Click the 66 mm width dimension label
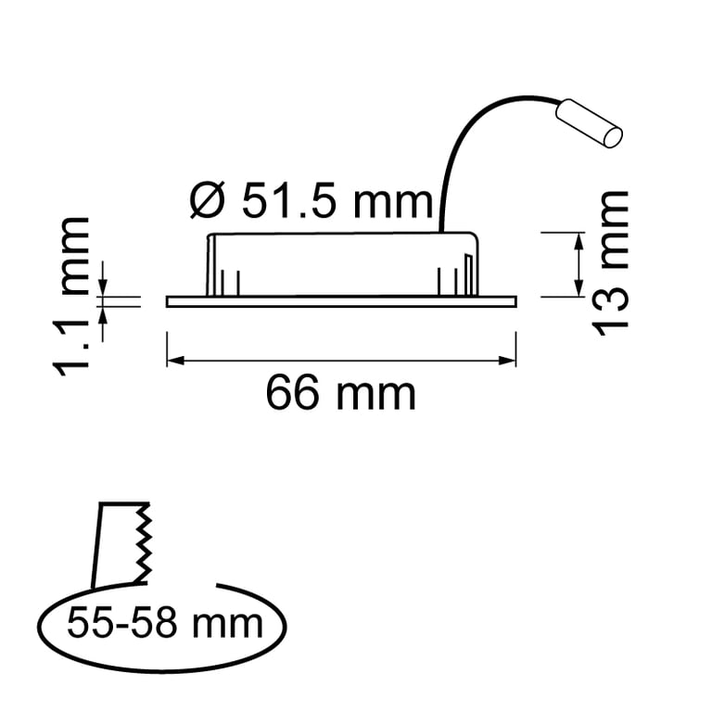click(x=340, y=394)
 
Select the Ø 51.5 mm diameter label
click(x=311, y=200)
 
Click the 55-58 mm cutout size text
click(x=164, y=623)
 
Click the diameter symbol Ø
click(x=206, y=201)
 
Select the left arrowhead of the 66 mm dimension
click(x=172, y=360)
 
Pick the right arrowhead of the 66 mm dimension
click(x=510, y=360)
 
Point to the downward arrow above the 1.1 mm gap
click(x=103, y=286)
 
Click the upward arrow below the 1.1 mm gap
click(x=103, y=312)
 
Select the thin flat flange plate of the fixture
click(x=340, y=301)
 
